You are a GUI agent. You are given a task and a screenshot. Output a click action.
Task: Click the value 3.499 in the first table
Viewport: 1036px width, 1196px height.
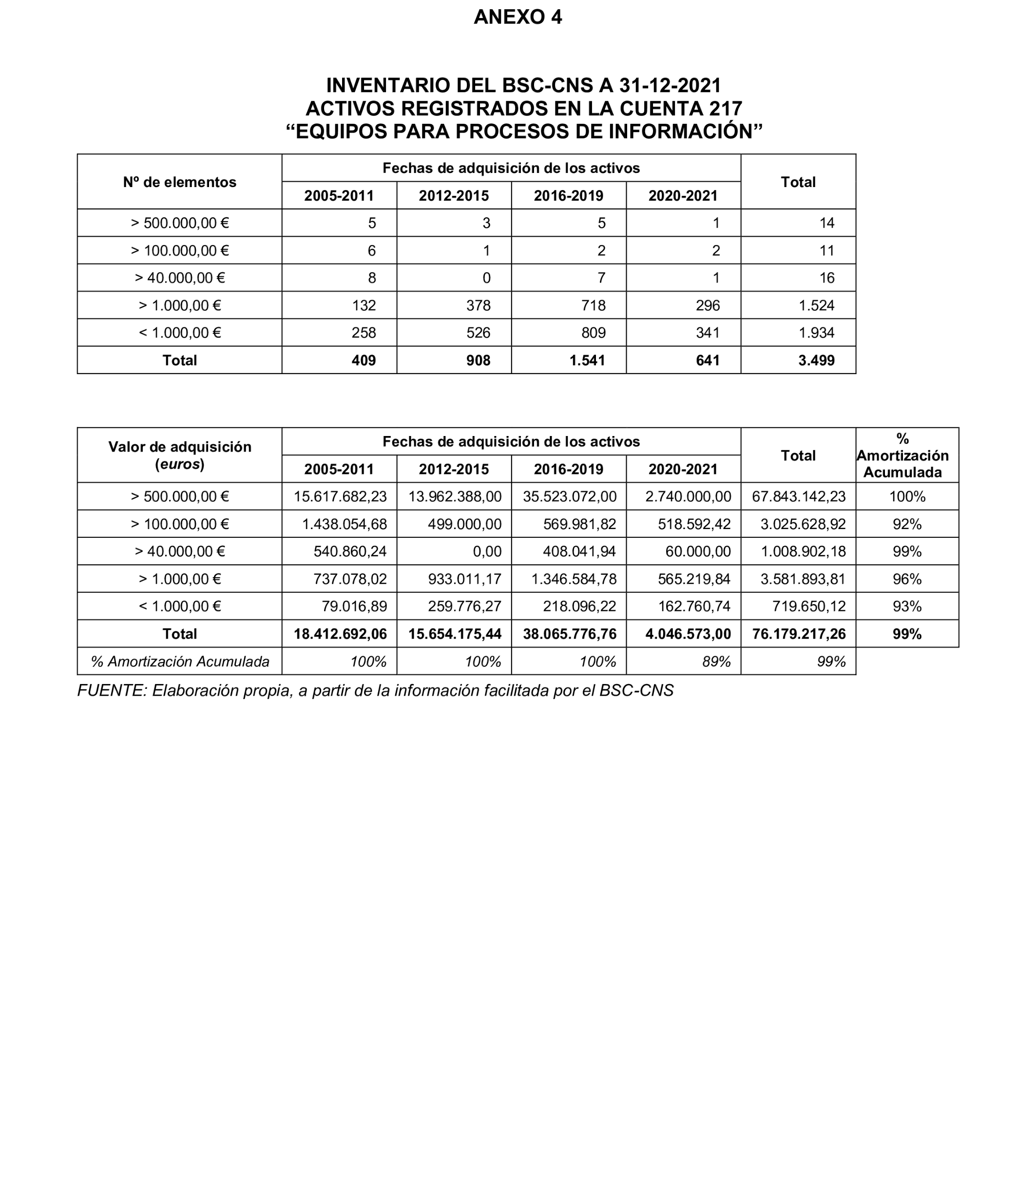(816, 360)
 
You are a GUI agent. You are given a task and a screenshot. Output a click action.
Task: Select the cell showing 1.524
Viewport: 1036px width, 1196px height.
(816, 305)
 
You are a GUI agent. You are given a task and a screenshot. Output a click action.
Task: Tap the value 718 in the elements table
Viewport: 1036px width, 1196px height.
(594, 305)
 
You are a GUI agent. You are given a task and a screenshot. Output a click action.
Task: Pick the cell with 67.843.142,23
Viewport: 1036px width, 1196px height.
(798, 496)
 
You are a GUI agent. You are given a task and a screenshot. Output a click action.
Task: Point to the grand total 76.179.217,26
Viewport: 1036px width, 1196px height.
(798, 634)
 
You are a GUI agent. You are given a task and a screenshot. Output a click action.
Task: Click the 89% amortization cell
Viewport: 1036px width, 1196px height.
(716, 662)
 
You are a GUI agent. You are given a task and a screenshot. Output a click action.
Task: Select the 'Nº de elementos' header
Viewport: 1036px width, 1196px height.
(179, 182)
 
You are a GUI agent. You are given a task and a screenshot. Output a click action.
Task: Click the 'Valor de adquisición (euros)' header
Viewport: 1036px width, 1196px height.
(179, 456)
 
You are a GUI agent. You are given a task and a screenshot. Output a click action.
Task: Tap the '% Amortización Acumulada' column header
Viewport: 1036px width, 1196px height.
(902, 456)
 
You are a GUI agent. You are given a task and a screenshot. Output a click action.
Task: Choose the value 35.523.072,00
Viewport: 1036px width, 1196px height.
(570, 496)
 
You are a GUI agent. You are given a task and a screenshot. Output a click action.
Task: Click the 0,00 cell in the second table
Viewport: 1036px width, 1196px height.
(487, 551)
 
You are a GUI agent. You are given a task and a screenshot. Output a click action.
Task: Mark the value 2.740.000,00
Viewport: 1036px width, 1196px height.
(688, 496)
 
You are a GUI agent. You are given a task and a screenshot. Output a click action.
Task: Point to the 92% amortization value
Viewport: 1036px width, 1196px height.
(906, 524)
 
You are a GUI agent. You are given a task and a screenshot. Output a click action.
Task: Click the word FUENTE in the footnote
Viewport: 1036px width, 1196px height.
(111, 691)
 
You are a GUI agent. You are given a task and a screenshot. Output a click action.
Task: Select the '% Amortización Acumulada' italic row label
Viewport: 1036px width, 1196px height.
(180, 662)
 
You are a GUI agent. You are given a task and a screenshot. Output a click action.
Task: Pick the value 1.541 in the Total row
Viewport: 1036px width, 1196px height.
(587, 360)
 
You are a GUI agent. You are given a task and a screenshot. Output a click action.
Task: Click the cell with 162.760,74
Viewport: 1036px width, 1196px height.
(694, 607)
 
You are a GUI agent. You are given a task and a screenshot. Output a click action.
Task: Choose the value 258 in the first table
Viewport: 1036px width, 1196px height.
(364, 333)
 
